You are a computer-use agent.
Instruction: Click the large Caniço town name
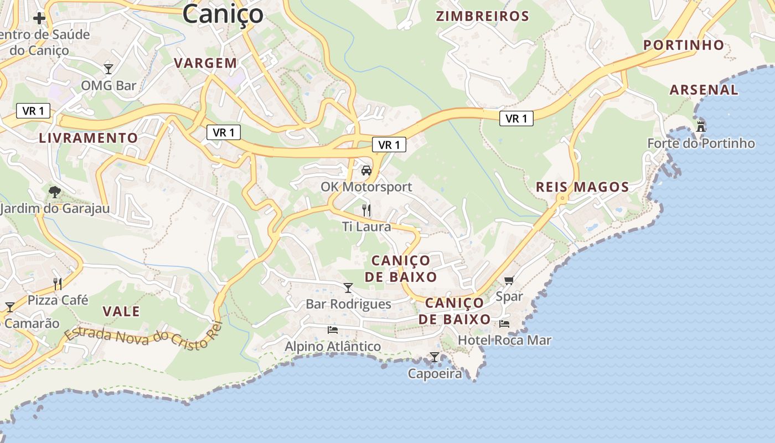[x=223, y=13]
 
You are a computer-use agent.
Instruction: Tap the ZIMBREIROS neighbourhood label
[x=483, y=16]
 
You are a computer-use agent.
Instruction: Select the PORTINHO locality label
[x=684, y=45]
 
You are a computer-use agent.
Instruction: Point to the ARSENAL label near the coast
[x=704, y=90]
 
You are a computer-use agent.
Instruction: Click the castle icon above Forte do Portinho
[x=701, y=126]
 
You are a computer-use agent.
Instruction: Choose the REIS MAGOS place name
[x=582, y=187]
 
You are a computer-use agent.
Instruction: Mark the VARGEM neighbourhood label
[x=205, y=63]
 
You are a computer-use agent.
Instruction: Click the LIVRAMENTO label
[x=89, y=138]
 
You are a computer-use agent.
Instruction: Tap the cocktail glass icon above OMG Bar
[x=108, y=69]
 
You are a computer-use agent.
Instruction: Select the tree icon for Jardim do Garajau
[x=54, y=192]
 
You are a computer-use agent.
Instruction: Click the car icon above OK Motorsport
[x=366, y=171]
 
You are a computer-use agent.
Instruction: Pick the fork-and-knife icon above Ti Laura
[x=366, y=210]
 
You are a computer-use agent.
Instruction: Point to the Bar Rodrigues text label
[x=348, y=304]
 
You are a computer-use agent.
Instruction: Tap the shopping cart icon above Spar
[x=509, y=280]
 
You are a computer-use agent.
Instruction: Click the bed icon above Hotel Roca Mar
[x=504, y=323]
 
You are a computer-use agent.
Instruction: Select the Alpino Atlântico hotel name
[x=333, y=347]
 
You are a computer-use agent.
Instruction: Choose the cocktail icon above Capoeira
[x=435, y=357]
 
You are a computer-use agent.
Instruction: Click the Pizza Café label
[x=58, y=300]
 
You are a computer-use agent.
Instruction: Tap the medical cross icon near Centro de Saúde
[x=39, y=18]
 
